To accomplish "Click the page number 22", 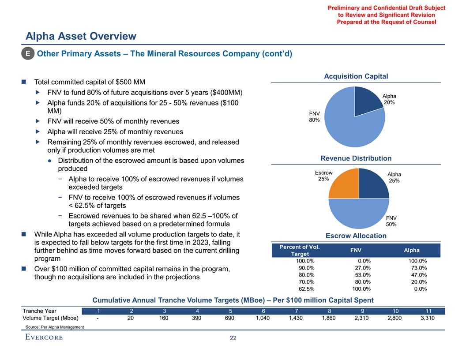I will [233, 338].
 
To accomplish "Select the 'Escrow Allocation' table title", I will [356, 236].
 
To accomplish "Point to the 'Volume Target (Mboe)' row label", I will [50, 318].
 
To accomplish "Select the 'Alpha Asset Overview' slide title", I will [81, 36].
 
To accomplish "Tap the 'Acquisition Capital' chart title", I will [356, 76].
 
